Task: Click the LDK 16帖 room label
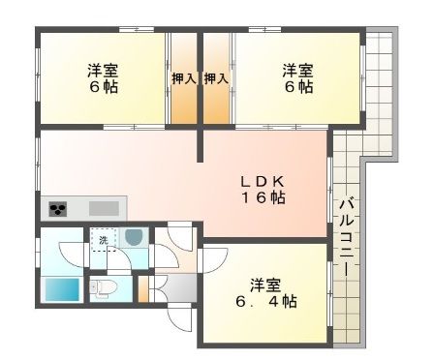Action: tap(263, 190)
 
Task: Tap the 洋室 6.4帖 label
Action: tap(266, 293)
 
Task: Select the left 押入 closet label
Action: tap(184, 78)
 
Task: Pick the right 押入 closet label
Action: tap(216, 78)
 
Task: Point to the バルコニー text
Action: tap(347, 238)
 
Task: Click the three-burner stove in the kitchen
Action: tap(58, 209)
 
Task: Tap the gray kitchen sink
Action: tap(104, 209)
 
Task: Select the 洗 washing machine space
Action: tap(103, 240)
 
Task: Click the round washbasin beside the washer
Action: tap(134, 237)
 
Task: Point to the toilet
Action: tap(104, 286)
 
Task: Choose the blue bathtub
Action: tap(62, 289)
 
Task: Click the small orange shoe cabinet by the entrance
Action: tap(143, 288)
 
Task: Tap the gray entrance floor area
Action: tap(176, 288)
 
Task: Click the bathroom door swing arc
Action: tap(73, 255)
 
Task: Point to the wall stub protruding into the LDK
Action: tap(201, 144)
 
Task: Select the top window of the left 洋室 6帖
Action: tap(137, 30)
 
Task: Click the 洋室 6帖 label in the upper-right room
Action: tap(298, 78)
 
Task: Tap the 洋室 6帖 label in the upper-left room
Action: tap(103, 78)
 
